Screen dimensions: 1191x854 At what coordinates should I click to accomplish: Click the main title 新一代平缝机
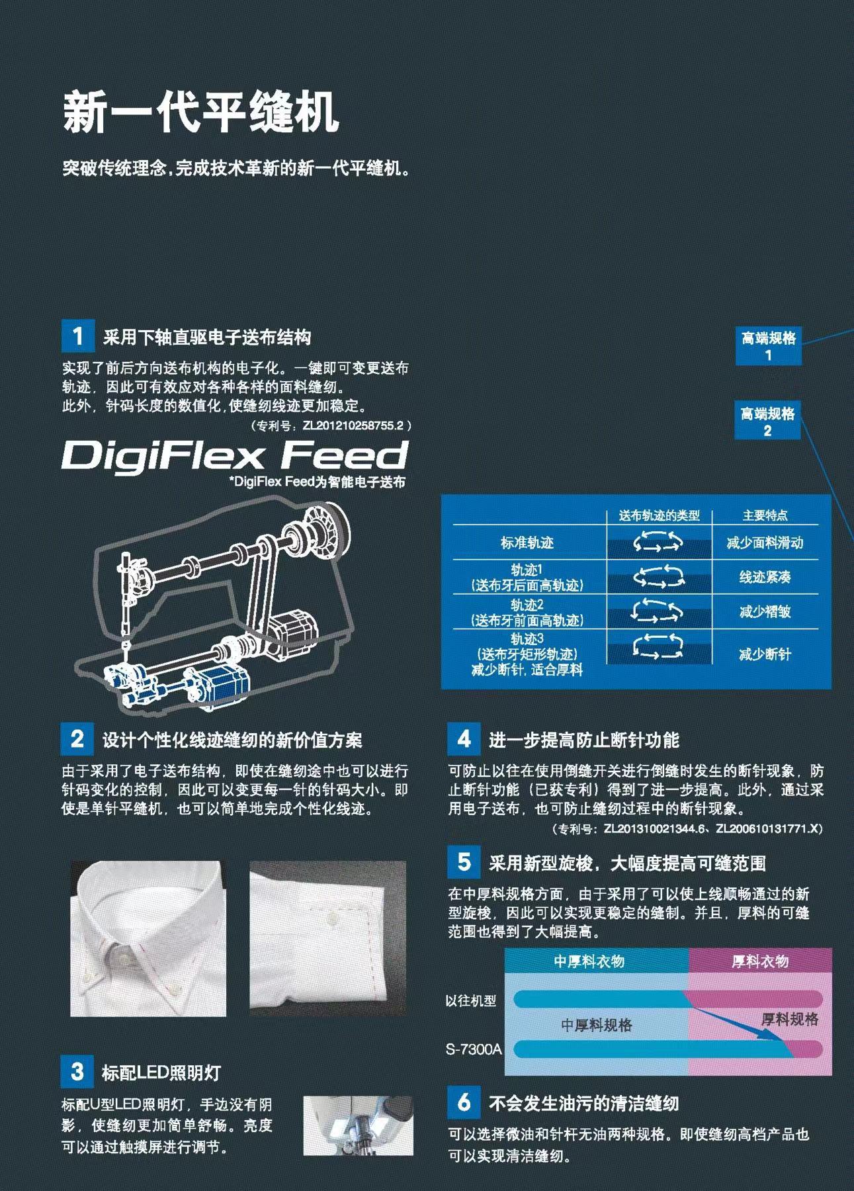(x=200, y=112)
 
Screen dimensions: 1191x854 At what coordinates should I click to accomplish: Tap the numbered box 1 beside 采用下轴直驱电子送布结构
(x=77, y=336)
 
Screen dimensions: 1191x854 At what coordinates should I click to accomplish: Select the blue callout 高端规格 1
(x=768, y=346)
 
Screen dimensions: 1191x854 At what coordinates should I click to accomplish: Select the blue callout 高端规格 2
(x=767, y=421)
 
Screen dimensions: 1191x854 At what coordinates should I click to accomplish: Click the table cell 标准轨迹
(x=527, y=543)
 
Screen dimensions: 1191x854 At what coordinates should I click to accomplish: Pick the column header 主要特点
(x=765, y=515)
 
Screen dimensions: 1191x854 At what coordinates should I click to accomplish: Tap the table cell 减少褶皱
(x=765, y=612)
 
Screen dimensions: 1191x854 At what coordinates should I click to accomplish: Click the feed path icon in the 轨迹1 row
(x=658, y=577)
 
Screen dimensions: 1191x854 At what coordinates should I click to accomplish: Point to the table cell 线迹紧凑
(x=765, y=578)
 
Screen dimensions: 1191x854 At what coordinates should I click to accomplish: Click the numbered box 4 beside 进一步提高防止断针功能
(x=464, y=738)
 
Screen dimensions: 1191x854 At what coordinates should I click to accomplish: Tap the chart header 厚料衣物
(x=759, y=961)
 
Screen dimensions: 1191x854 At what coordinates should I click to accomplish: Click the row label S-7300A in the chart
(x=473, y=1049)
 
